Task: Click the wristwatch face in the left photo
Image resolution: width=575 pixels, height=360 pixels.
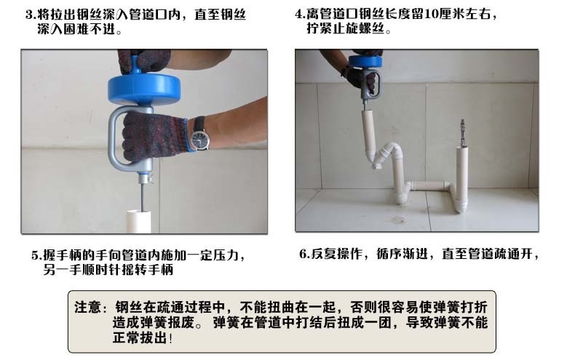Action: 200,140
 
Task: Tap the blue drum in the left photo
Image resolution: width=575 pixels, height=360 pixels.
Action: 144,89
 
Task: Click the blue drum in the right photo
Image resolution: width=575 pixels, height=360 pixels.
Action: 365,61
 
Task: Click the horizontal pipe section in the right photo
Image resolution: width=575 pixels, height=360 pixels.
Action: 430,186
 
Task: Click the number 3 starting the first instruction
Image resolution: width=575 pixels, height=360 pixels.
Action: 29,15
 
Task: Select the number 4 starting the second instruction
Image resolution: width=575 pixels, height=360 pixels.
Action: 298,15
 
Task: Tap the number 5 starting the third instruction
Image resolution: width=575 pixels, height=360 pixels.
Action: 34,255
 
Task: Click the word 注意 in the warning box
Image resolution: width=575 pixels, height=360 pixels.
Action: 87,307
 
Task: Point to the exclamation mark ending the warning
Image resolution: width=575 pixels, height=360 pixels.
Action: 171,338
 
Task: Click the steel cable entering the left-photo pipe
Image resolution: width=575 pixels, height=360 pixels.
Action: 142,197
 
